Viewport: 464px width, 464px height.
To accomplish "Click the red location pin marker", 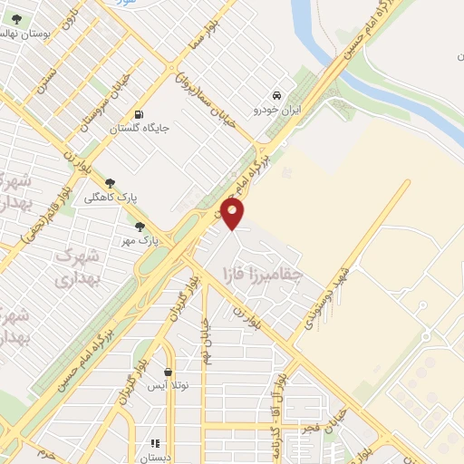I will click(233, 214).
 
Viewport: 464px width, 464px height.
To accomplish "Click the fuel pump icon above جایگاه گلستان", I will click(138, 114).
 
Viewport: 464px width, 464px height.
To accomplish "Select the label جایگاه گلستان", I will click(140, 129).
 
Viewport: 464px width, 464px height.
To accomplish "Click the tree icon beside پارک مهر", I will click(139, 227).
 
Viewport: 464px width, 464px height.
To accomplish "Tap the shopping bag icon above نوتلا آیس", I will click(169, 372).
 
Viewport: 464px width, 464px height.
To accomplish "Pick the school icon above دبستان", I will click(156, 443).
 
